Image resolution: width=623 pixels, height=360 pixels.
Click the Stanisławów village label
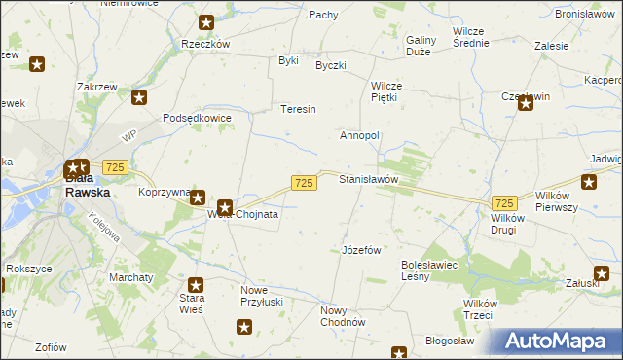(369, 180)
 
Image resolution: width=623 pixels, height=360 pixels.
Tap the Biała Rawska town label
(88, 186)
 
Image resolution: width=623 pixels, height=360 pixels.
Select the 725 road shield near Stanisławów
(303, 183)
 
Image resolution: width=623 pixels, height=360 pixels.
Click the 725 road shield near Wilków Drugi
(503, 203)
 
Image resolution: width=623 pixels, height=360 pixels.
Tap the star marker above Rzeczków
(205, 22)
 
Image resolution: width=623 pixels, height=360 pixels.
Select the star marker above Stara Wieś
(196, 286)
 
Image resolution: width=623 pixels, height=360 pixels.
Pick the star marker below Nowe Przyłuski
(243, 329)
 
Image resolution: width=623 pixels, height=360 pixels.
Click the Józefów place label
(360, 250)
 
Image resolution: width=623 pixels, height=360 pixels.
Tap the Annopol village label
(358, 135)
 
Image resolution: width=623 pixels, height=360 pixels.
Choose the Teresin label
(299, 109)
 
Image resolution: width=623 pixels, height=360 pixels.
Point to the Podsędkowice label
(197, 118)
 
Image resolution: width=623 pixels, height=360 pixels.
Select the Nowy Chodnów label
(342, 317)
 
